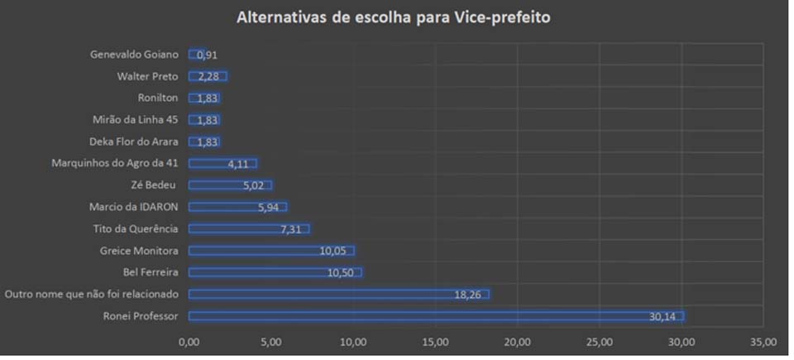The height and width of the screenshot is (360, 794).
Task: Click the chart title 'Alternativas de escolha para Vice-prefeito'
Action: pos(392,17)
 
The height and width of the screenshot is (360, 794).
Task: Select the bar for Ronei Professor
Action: pos(436,315)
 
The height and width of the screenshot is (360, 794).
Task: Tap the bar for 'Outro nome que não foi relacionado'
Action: pos(338,294)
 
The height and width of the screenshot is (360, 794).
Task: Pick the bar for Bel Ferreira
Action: pos(275,272)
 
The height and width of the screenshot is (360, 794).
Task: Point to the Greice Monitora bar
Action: pos(271,251)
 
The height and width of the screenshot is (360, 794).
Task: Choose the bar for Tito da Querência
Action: pos(248,228)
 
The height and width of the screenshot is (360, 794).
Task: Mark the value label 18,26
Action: pos(468,294)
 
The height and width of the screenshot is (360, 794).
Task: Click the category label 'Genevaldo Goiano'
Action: pos(133,55)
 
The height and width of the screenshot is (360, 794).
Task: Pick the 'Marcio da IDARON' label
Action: pos(133,207)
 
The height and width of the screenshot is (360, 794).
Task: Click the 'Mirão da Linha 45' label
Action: pos(135,120)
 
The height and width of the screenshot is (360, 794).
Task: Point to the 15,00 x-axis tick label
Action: pos(435,341)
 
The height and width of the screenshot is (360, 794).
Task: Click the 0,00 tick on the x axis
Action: pos(189,341)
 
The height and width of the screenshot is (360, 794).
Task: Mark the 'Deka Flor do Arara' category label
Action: pos(133,142)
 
